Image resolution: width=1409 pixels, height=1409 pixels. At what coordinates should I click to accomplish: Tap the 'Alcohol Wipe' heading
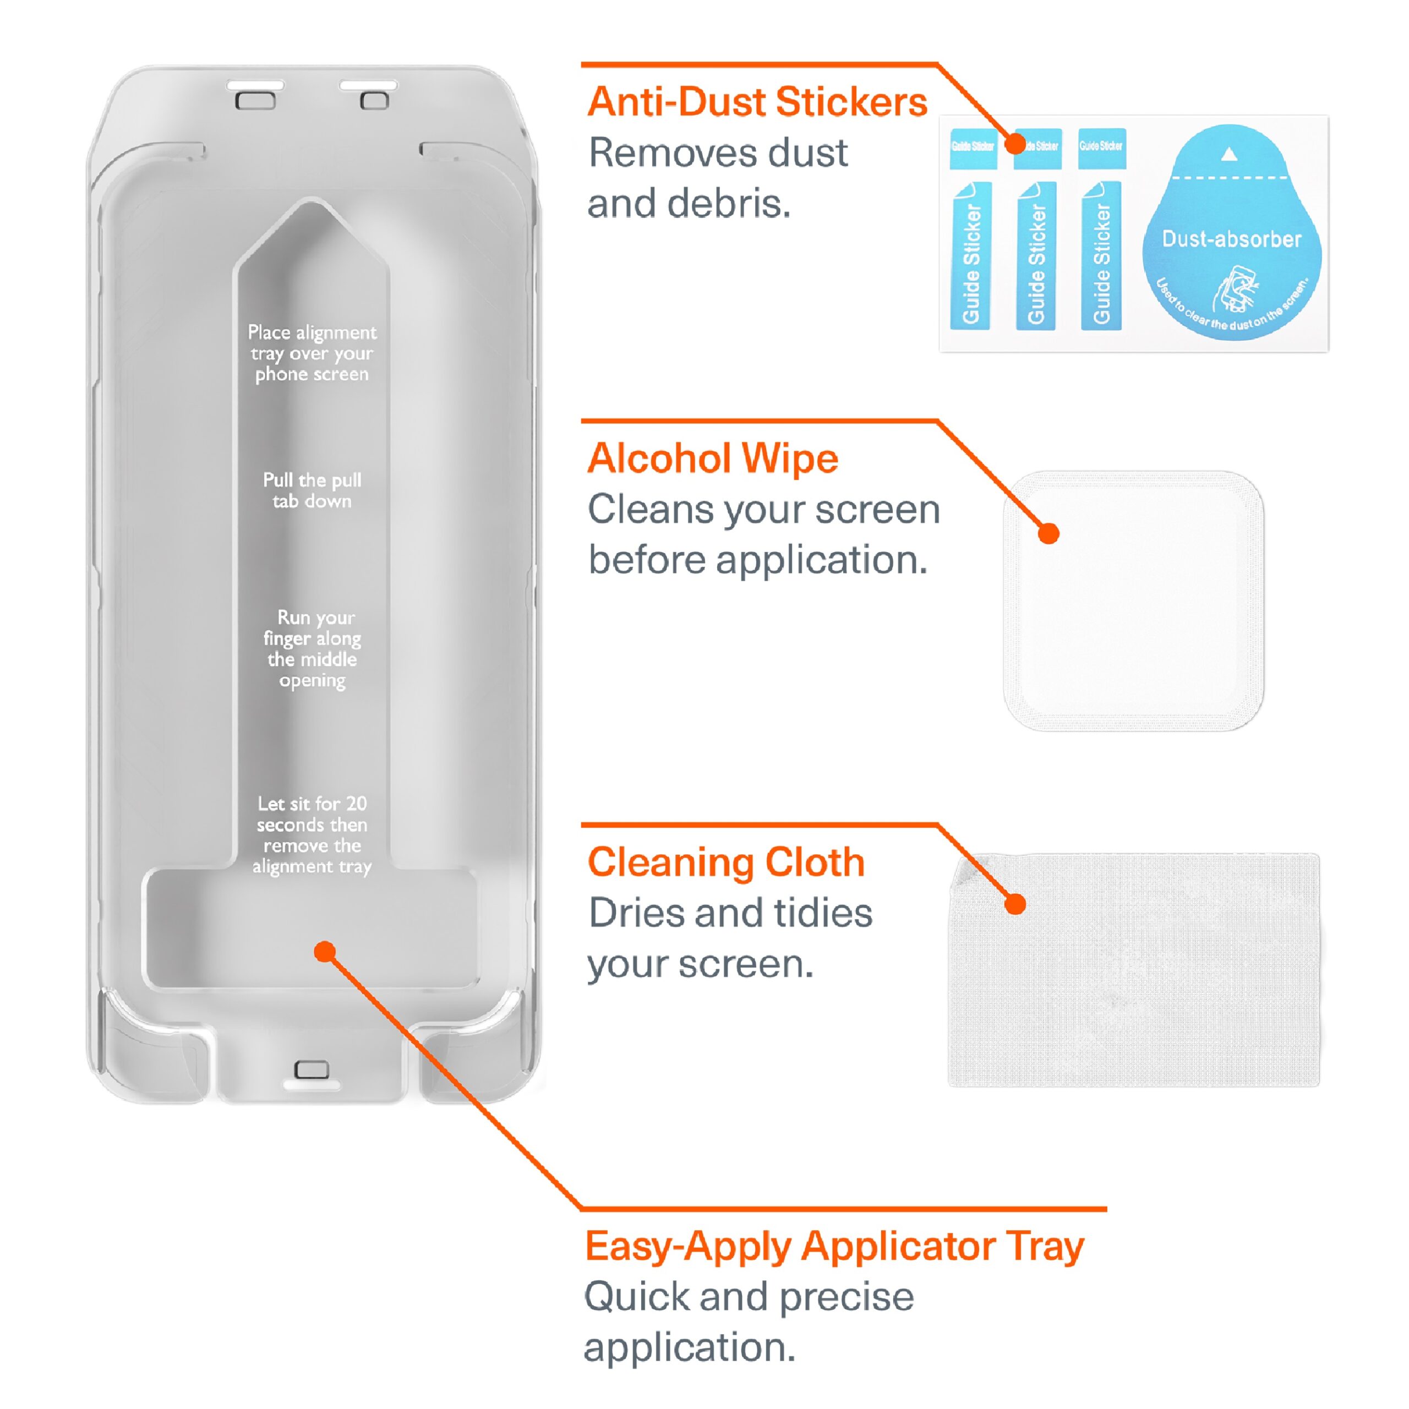[x=713, y=458]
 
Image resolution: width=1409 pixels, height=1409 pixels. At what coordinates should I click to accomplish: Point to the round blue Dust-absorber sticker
[x=1231, y=233]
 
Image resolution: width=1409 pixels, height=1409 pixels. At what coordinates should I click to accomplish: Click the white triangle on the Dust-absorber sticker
[x=1229, y=154]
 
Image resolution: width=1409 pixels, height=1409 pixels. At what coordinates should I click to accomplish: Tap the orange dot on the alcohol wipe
[x=1048, y=534]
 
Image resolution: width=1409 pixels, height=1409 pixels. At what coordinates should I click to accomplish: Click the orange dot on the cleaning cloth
[x=1015, y=904]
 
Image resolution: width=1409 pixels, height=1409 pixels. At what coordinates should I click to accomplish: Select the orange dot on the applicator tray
[x=325, y=951]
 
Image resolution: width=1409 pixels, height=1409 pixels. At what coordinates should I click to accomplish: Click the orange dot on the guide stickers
[x=1015, y=143]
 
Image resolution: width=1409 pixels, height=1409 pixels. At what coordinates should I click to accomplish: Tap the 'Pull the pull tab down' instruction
[x=312, y=490]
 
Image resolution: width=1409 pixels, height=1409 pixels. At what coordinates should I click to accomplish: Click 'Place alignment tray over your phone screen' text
[x=312, y=353]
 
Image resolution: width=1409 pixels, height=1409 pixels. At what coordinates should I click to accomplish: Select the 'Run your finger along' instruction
[x=312, y=648]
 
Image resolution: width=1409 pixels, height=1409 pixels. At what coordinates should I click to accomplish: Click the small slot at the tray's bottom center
[x=312, y=1070]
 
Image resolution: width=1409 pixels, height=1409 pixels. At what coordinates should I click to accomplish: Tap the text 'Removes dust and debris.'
[x=718, y=178]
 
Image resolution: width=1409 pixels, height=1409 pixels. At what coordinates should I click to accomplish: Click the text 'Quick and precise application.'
[x=749, y=1321]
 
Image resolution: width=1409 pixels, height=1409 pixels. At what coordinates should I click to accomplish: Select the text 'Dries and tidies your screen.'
[x=729, y=938]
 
